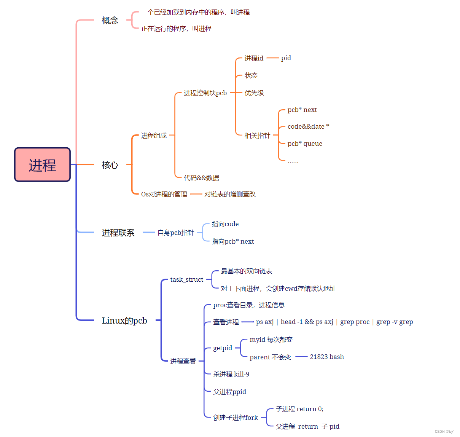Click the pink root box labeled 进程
[43, 165]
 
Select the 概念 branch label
[110, 20]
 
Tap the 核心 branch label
[110, 165]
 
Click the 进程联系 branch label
[118, 233]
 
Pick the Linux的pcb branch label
[124, 321]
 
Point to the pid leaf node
[286, 58]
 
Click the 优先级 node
[254, 93]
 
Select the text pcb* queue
[305, 144]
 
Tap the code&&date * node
[308, 126]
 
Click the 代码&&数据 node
[201, 178]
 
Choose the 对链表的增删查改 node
[230, 194]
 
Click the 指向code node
[225, 224]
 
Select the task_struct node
[186, 279]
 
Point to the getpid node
[223, 348]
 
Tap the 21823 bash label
[327, 357]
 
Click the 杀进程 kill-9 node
[231, 374]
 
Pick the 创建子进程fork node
[235, 418]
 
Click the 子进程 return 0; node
[299, 409]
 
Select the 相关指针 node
[257, 136]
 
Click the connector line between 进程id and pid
[272, 58]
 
